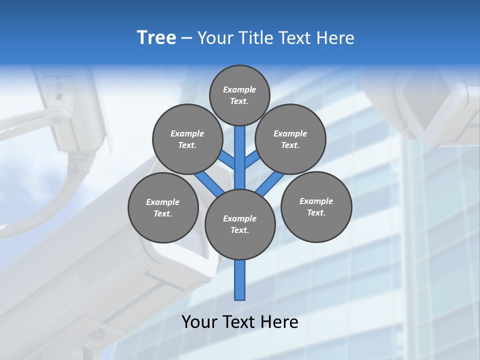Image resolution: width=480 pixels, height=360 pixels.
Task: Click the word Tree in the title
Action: click(x=156, y=38)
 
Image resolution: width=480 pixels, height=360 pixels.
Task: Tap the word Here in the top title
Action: click(x=335, y=38)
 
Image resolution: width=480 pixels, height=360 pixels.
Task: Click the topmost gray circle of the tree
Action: click(x=239, y=95)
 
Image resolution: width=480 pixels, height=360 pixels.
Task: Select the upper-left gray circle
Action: click(x=187, y=139)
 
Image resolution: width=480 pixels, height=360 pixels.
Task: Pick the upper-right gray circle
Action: click(x=290, y=139)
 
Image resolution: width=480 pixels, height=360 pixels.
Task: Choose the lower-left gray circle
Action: click(x=163, y=207)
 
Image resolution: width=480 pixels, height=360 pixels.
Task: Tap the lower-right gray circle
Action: click(x=316, y=206)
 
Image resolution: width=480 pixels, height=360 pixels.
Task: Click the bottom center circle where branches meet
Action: click(x=240, y=224)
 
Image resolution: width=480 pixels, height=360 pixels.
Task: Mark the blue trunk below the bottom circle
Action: click(x=240, y=280)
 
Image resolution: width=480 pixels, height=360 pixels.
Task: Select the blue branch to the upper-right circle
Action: click(x=251, y=160)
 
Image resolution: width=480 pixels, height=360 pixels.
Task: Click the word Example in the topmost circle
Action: click(x=239, y=89)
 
